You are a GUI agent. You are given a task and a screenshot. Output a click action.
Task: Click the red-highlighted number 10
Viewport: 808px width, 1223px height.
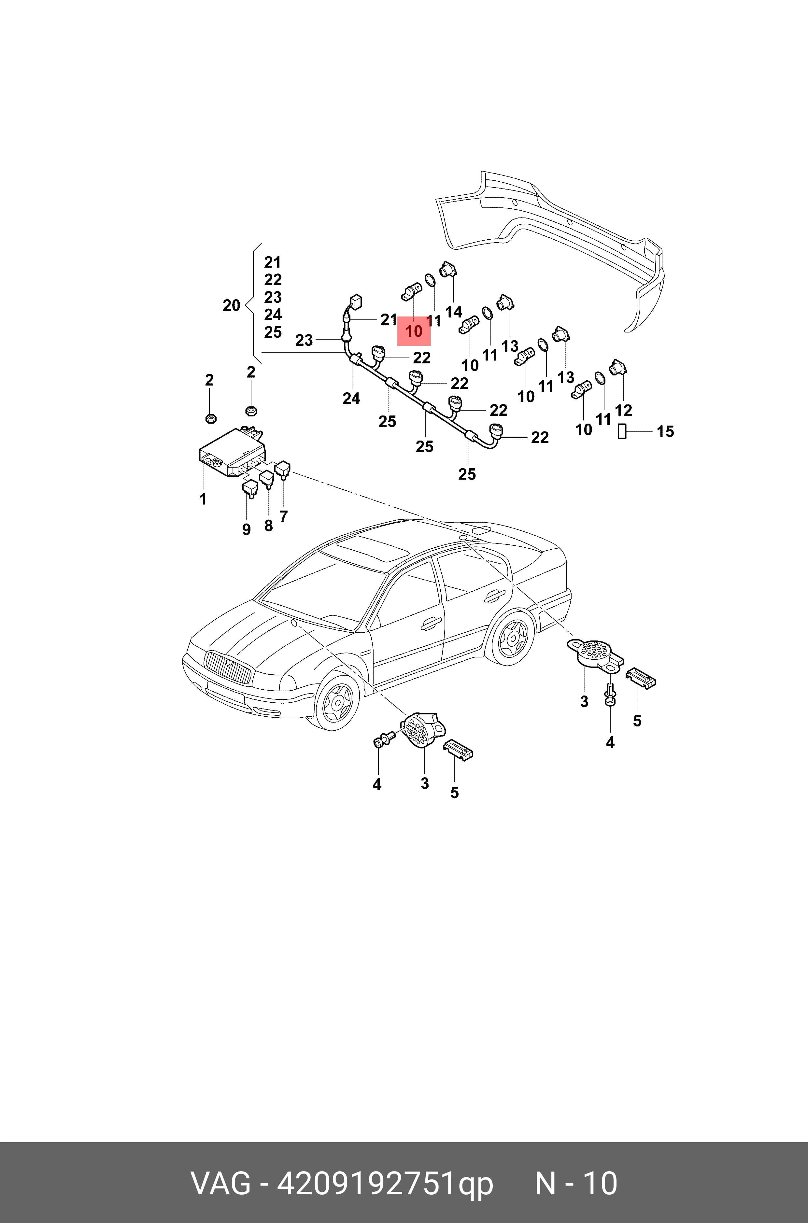(x=414, y=331)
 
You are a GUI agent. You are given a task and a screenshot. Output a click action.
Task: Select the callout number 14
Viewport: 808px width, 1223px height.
(x=453, y=312)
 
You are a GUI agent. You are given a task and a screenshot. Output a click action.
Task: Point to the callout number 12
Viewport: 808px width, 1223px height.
(x=624, y=411)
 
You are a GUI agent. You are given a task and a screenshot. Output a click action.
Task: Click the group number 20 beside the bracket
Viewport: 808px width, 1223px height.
(x=231, y=305)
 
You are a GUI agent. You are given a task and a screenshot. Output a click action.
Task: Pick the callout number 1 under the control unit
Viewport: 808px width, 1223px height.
(x=203, y=499)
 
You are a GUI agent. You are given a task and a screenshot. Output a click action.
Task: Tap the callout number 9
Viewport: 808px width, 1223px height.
(x=246, y=529)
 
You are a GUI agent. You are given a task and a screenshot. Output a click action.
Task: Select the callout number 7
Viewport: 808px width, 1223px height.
(x=283, y=516)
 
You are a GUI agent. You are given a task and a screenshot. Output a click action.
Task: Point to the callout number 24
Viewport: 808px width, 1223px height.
(x=351, y=398)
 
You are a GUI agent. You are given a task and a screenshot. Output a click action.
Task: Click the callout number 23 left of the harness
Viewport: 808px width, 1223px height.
(x=304, y=341)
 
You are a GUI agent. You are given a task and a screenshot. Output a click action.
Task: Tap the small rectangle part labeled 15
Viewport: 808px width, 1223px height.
(x=622, y=432)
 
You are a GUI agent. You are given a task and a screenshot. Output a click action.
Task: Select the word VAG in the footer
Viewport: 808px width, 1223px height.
(x=221, y=1183)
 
